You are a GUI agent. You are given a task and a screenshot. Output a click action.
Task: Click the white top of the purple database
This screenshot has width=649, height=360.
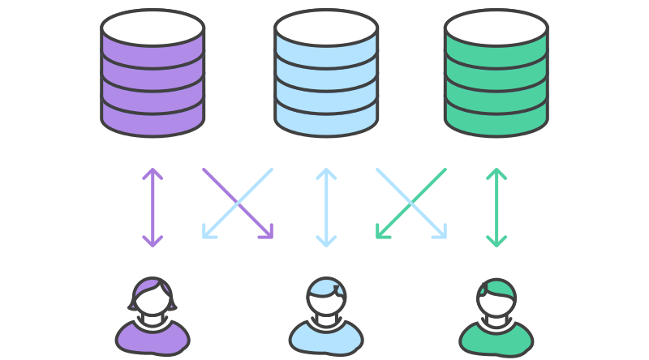pyautogui.click(x=153, y=27)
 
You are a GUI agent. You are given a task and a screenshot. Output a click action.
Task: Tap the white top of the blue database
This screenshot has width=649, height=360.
pyautogui.click(x=326, y=27)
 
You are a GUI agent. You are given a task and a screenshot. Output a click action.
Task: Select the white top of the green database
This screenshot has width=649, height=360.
pyautogui.click(x=496, y=27)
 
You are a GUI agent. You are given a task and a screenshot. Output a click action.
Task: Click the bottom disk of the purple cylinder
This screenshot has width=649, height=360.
pyautogui.click(x=153, y=119)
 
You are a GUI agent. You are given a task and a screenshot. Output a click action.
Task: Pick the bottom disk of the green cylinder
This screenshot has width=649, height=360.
pyautogui.click(x=496, y=119)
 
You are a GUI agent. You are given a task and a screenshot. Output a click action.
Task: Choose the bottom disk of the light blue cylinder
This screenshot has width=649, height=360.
pyautogui.click(x=326, y=119)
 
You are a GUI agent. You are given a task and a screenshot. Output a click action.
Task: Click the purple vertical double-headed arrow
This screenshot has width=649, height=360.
pyautogui.click(x=153, y=207)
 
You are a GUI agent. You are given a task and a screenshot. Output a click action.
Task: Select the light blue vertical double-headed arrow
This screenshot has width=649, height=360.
pyautogui.click(x=326, y=207)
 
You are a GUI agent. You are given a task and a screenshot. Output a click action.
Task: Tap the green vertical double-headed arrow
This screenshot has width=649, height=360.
pyautogui.click(x=496, y=207)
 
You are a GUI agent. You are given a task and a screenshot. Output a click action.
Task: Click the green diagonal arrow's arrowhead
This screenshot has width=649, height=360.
pyautogui.click(x=381, y=234)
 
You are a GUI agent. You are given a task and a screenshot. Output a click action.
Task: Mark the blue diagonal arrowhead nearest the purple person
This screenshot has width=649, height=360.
pyautogui.click(x=208, y=234)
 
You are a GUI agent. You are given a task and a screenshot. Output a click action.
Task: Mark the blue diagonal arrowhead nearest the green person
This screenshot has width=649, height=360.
pyautogui.click(x=441, y=234)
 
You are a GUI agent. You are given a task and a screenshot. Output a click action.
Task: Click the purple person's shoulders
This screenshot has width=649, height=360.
pyautogui.click(x=153, y=338)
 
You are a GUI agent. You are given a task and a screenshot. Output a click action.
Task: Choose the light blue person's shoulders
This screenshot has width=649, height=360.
pyautogui.click(x=326, y=338)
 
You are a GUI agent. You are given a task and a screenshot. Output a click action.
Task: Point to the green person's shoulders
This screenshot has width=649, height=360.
pyautogui.click(x=496, y=340)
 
